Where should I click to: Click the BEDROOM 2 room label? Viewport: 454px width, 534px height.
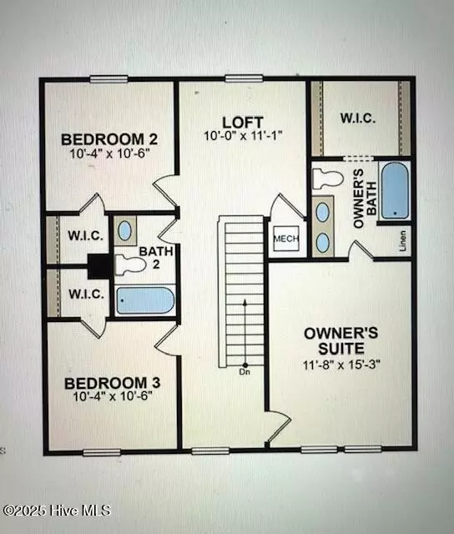[x=111, y=139]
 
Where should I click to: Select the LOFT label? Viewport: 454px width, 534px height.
[x=238, y=121]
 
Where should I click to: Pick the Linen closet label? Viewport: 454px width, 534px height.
[x=402, y=239]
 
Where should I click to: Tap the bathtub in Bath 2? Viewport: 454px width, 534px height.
[x=144, y=300]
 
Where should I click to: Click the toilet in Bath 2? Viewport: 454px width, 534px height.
[x=129, y=265]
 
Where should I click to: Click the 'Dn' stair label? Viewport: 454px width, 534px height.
[x=245, y=372]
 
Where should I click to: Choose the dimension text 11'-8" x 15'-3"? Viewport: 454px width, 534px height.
[x=340, y=364]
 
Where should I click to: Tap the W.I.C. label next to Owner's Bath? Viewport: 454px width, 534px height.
[x=358, y=118]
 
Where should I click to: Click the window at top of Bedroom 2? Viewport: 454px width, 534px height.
[x=109, y=79]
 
